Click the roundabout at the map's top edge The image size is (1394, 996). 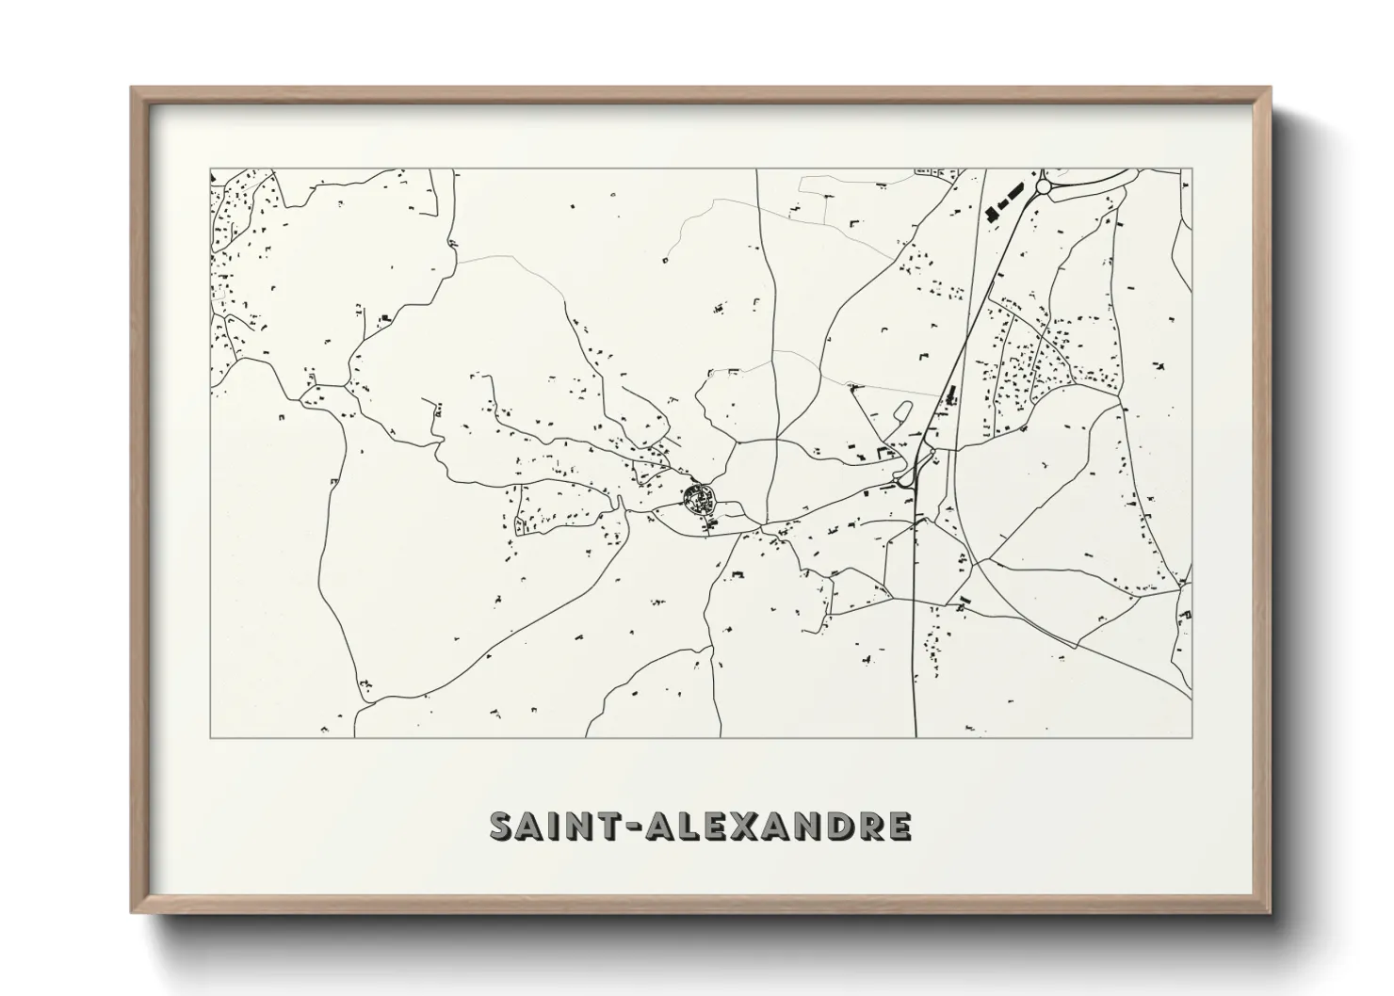(1043, 187)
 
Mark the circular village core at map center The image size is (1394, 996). (698, 495)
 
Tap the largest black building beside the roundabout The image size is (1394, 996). (991, 213)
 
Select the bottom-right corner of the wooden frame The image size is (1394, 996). (1270, 912)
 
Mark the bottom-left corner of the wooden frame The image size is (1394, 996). (132, 912)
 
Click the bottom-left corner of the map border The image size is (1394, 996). (210, 737)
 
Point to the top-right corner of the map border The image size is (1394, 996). (1191, 169)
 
